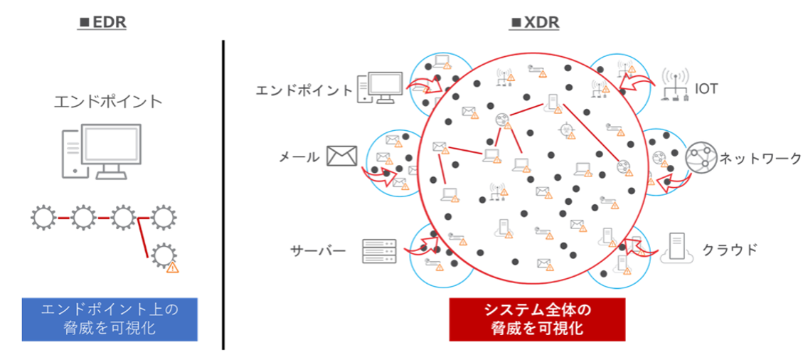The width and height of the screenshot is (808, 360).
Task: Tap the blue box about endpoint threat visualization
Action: [109, 319]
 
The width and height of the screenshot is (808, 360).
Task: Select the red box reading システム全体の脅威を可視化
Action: [537, 319]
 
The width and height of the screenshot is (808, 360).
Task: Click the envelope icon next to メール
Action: [341, 155]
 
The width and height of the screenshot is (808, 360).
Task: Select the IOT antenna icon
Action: [673, 84]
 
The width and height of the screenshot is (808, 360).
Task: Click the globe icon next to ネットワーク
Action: [699, 157]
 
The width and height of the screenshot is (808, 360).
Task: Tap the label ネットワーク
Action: [760, 158]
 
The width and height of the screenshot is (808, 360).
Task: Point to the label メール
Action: [300, 157]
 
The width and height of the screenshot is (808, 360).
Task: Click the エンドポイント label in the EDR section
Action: [109, 101]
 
